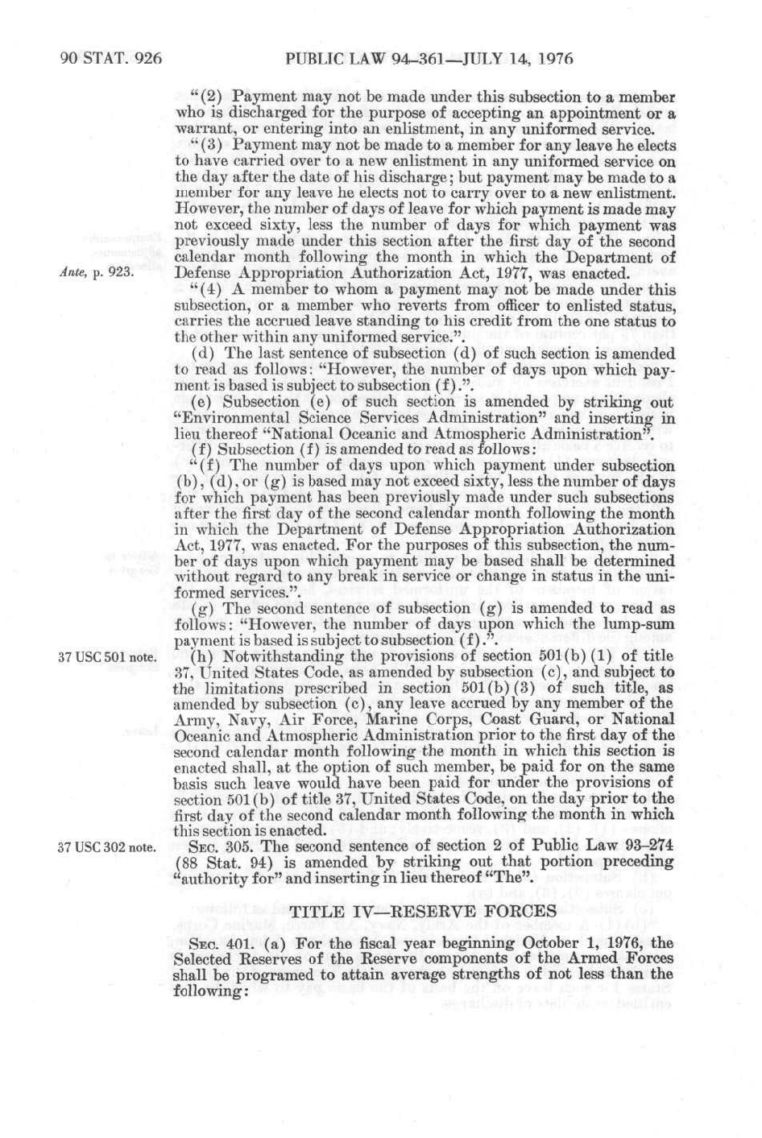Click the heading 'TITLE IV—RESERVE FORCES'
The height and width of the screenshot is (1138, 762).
point(423,911)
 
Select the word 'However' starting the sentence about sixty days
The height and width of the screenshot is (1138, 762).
point(204,210)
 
